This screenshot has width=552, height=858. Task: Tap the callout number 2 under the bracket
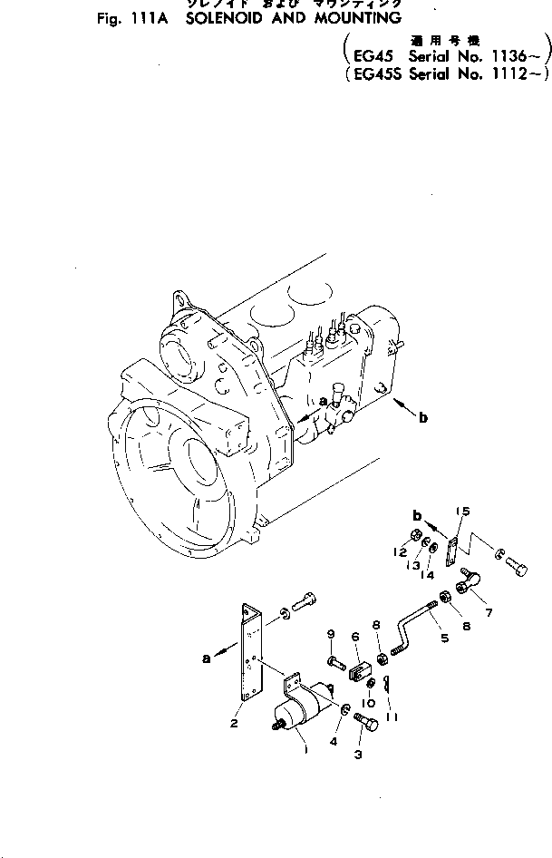tap(235, 723)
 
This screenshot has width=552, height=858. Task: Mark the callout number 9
tap(331, 633)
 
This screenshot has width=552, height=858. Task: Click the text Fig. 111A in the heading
tap(132, 19)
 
